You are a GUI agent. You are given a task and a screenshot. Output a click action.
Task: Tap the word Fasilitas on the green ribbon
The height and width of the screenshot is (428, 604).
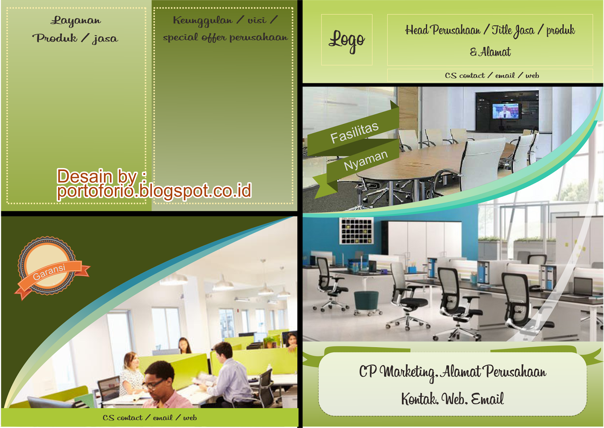tap(354, 132)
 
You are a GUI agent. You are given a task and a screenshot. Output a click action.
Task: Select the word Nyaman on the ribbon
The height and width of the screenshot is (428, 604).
tap(366, 160)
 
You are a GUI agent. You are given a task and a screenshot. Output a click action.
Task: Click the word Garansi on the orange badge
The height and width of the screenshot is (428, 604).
tap(49, 272)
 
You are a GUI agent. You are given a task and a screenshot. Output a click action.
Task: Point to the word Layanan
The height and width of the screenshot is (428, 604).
tap(76, 20)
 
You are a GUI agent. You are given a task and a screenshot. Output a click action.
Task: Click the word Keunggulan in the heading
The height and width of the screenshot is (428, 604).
tap(203, 20)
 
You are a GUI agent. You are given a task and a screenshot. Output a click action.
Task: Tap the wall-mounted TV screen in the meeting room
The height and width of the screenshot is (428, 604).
tap(505, 111)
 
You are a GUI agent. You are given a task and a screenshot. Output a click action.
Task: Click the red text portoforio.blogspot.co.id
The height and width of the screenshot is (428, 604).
tap(154, 191)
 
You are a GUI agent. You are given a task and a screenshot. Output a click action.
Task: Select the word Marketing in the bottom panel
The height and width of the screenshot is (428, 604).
tap(408, 372)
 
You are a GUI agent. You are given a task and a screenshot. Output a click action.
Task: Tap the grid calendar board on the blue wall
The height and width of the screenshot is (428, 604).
tap(356, 231)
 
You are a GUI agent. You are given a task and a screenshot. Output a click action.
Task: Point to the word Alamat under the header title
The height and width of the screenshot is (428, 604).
tap(495, 52)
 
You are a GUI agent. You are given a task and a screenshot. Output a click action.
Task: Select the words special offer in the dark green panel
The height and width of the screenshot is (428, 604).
tap(194, 37)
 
